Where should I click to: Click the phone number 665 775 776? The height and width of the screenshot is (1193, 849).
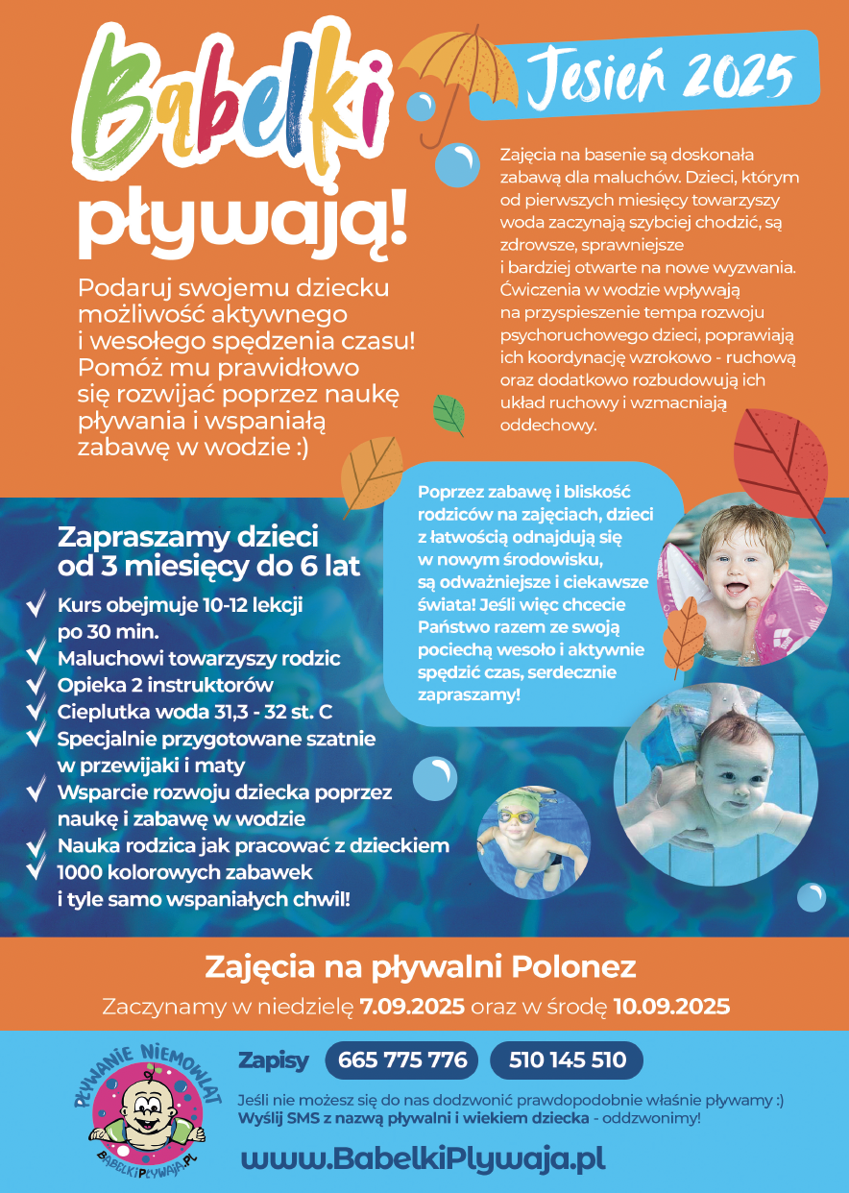(402, 1060)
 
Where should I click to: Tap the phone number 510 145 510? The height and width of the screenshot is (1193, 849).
(568, 1060)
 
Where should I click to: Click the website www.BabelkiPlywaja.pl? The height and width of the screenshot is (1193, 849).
(423, 1158)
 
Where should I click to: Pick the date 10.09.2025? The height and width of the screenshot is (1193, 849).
(671, 1008)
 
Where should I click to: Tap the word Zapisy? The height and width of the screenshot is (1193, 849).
(274, 1060)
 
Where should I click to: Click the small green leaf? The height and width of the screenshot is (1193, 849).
(449, 414)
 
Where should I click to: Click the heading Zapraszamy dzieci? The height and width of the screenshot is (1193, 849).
(188, 536)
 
